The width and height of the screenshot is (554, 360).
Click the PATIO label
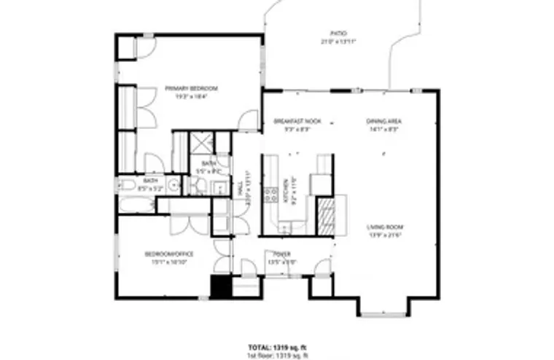pyautogui.click(x=338, y=34)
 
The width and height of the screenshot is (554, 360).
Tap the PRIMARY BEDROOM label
pyautogui.click(x=191, y=88)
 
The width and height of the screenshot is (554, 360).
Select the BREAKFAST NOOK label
pyautogui.click(x=292, y=120)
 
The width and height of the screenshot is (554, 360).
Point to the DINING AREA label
pyautogui.click(x=384, y=120)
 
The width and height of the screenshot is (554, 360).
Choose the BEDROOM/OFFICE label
pyautogui.click(x=168, y=254)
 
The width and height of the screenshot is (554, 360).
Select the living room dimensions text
pyautogui.click(x=385, y=235)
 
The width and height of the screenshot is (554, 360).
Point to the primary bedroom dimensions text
pyautogui.click(x=191, y=95)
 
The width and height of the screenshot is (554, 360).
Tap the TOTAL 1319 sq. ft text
pyautogui.click(x=273, y=348)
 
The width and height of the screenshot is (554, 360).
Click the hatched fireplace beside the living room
pyautogui.click(x=325, y=215)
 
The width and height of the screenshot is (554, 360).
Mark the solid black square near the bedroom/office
pyautogui.click(x=220, y=286)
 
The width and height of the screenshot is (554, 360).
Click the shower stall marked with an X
pyautogui.click(x=200, y=143)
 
